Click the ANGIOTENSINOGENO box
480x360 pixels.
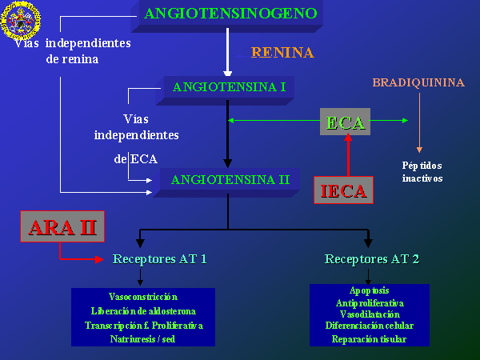pyautogui.click(x=227, y=15)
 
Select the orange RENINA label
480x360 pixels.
pyautogui.click(x=282, y=52)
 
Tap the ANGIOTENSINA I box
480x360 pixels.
pyautogui.click(x=226, y=90)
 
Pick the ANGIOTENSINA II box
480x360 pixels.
pyautogui.click(x=226, y=182)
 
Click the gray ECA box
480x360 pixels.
pyautogui.click(x=345, y=122)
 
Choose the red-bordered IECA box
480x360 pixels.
pyautogui.click(x=343, y=190)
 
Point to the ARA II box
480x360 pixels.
pyautogui.click(x=62, y=226)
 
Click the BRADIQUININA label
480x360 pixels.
pyautogui.click(x=418, y=82)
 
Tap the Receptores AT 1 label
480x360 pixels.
pyautogui.click(x=159, y=259)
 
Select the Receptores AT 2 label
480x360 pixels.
pyautogui.click(x=372, y=259)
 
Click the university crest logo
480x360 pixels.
pyautogui.click(x=21, y=20)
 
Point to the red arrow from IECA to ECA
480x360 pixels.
pyautogui.click(x=348, y=154)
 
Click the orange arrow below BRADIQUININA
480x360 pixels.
pyautogui.click(x=419, y=122)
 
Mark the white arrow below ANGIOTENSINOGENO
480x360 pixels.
pyautogui.click(x=227, y=52)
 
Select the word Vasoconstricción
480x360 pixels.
pyautogui.click(x=143, y=297)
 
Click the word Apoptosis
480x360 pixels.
pyautogui.click(x=369, y=290)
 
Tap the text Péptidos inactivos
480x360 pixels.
pyautogui.click(x=422, y=172)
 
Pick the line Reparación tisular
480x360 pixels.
pyautogui.click(x=369, y=339)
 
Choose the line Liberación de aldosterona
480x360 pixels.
pyautogui.click(x=143, y=311)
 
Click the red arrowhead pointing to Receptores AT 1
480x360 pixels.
pyautogui.click(x=99, y=259)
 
